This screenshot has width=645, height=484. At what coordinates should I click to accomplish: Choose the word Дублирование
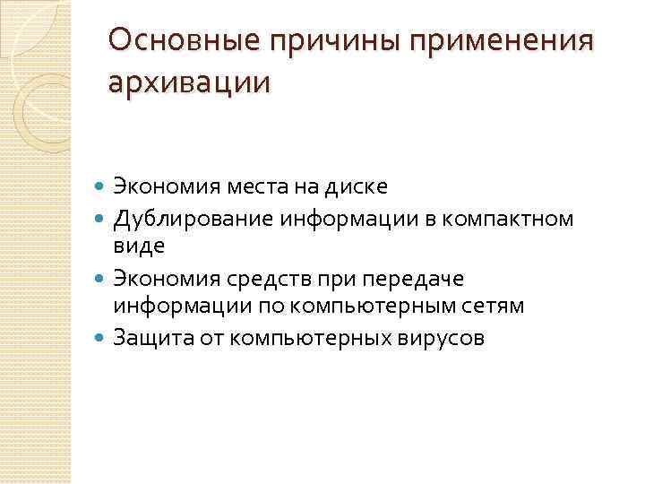click(185, 217)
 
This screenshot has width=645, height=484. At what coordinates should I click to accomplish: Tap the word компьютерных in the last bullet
click(305, 338)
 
